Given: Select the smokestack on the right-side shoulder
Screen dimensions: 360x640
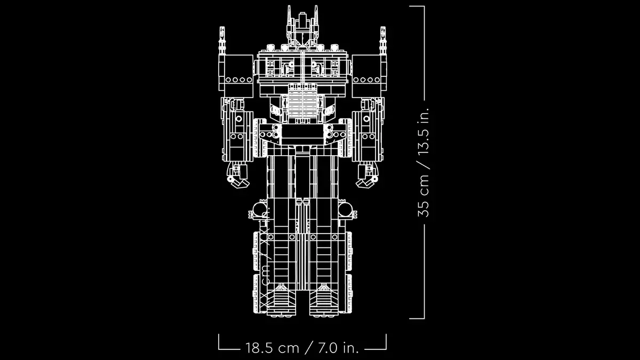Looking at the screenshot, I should (x=383, y=41).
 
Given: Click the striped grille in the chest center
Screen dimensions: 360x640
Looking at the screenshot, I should (x=302, y=101).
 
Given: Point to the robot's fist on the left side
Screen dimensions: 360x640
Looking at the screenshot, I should (x=236, y=177).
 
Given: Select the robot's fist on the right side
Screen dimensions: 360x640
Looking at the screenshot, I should (x=368, y=177).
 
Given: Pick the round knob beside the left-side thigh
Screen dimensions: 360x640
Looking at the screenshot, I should (x=258, y=210).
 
